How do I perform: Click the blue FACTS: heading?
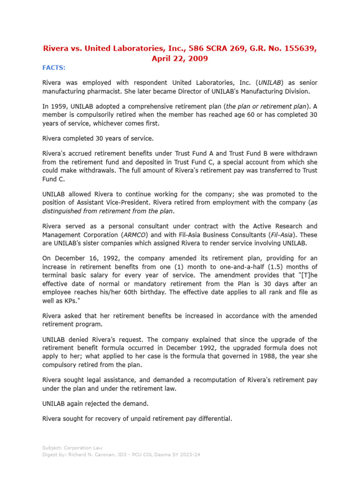click(54, 67)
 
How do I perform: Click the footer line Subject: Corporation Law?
click(72, 448)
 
